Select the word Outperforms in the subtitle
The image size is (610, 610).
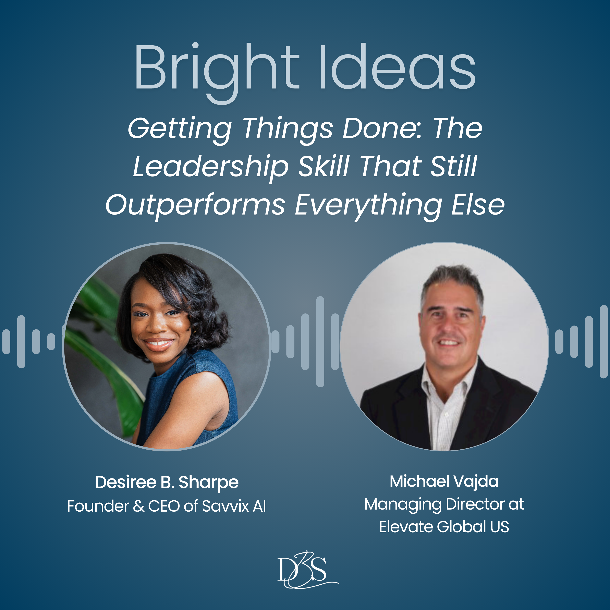point(195,205)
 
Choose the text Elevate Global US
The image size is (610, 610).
point(444,527)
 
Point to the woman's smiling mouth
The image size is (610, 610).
point(158,343)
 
